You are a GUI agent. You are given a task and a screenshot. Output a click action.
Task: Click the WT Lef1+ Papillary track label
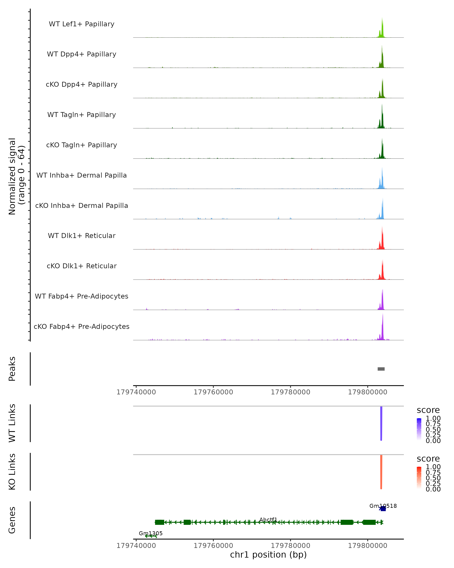click(x=82, y=24)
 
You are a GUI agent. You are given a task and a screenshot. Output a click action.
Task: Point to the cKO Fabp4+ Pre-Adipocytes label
click(x=82, y=326)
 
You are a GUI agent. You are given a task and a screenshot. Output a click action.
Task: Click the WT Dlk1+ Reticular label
click(x=82, y=236)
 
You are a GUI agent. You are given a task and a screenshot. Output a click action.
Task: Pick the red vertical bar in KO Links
click(x=381, y=472)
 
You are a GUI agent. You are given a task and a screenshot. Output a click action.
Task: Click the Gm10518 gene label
click(x=383, y=506)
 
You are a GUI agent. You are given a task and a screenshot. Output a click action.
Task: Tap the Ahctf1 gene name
click(x=268, y=520)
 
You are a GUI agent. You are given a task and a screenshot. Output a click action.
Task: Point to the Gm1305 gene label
click(x=151, y=533)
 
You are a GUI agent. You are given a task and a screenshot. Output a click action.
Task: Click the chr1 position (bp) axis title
click(x=268, y=555)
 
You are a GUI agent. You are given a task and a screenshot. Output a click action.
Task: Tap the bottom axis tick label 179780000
click(x=290, y=545)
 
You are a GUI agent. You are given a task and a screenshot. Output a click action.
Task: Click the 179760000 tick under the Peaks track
click(x=213, y=392)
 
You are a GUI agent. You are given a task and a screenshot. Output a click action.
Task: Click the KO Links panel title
click(x=12, y=472)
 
